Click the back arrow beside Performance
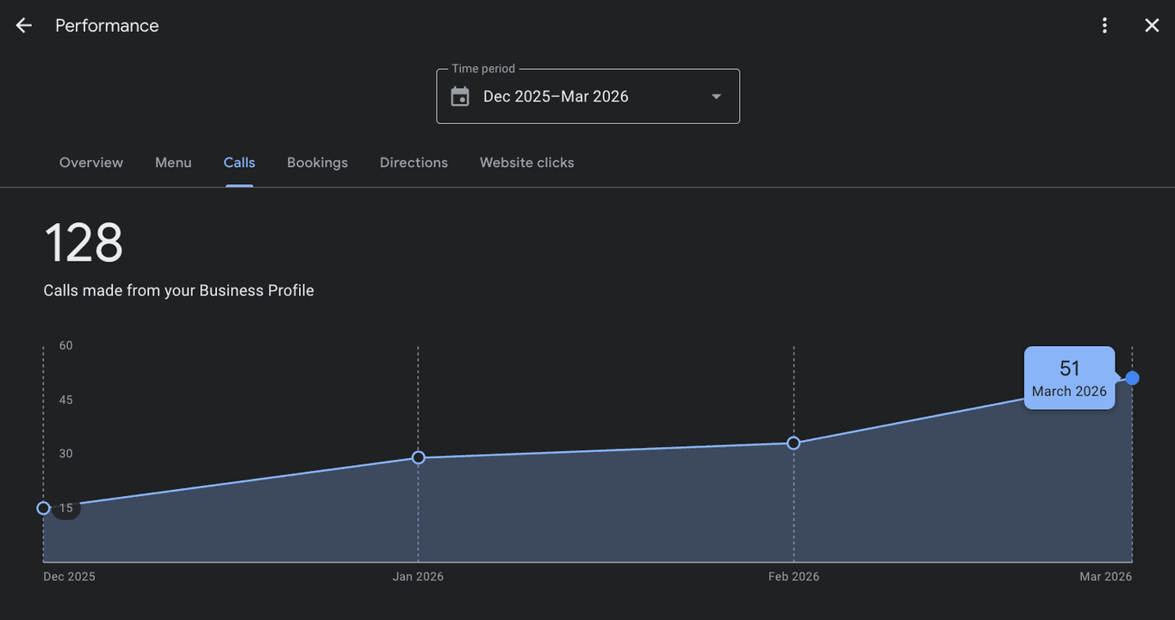23,25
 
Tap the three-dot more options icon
1104,25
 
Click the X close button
1152,25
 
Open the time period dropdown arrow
717,96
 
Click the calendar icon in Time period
460,96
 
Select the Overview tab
91,163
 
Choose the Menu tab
173,163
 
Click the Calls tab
239,163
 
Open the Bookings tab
317,163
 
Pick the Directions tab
413,163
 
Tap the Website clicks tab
526,163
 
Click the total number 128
84,242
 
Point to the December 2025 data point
44,508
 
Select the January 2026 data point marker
418,458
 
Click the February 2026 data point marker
793,443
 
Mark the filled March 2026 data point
1133,378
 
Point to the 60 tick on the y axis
65,345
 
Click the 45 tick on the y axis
65,400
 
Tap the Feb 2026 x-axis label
793,576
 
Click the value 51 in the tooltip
1070,369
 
